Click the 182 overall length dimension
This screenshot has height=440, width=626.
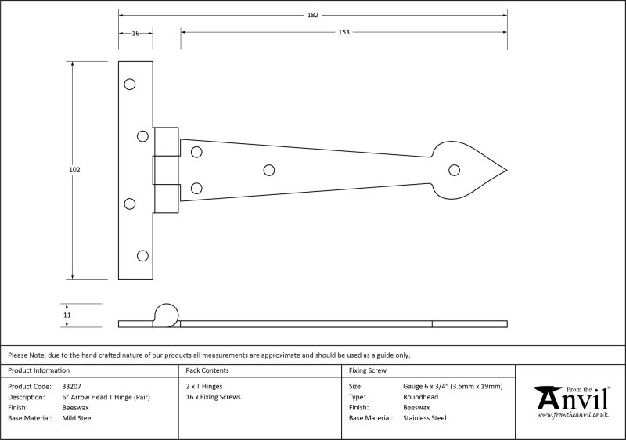(x=312, y=15)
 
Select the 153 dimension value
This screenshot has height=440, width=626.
(x=344, y=32)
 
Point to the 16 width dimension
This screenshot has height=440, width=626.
(x=135, y=33)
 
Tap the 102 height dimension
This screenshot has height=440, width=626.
(x=74, y=170)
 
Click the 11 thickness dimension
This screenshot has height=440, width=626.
(x=67, y=315)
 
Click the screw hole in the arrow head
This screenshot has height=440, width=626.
(x=454, y=170)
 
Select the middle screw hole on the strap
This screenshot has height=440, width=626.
(x=269, y=171)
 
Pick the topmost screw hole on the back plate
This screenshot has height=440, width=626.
(x=130, y=85)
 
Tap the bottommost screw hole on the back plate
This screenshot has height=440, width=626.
(x=142, y=255)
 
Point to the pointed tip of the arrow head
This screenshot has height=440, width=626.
(x=507, y=171)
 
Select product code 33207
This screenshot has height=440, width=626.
(x=71, y=387)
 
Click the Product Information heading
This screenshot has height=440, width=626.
(x=38, y=370)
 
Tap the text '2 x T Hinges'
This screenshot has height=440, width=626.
(x=204, y=387)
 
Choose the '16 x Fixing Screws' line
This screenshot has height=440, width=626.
(x=213, y=397)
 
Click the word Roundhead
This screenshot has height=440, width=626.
(x=420, y=397)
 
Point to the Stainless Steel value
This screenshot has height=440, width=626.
(x=425, y=418)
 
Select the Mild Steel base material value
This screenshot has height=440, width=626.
(x=77, y=418)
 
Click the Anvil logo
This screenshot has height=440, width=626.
(x=573, y=402)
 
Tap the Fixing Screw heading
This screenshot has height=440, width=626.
(x=368, y=370)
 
